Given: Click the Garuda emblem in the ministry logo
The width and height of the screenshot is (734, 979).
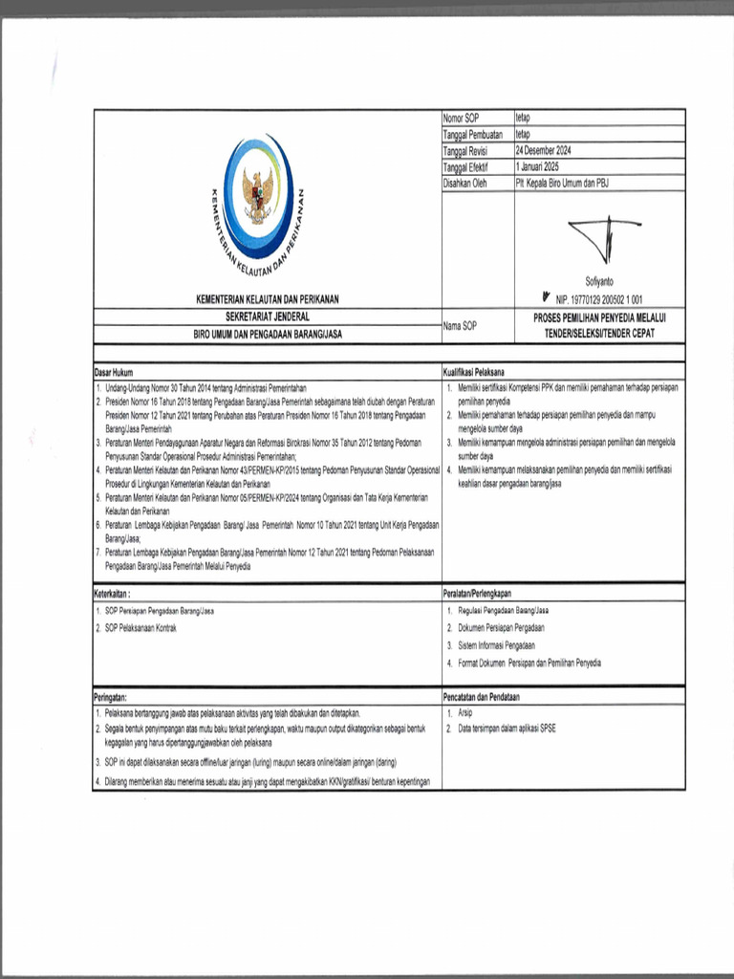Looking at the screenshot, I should [x=258, y=194].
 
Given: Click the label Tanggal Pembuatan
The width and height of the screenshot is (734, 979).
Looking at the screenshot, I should [x=472, y=135].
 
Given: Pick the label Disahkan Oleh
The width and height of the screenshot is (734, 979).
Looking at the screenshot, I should [x=465, y=182].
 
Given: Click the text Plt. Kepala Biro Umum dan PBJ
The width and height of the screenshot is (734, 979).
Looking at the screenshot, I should [x=561, y=182].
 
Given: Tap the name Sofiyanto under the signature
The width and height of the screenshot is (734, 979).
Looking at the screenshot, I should [x=600, y=281].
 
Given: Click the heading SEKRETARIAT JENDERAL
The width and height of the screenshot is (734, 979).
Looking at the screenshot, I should [x=267, y=315].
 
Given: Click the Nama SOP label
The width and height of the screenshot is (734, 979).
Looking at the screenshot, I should [x=460, y=326].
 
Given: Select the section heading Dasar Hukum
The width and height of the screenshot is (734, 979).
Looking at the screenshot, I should [x=114, y=371].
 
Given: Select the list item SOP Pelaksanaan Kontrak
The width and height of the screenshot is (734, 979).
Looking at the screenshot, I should [x=140, y=627].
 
